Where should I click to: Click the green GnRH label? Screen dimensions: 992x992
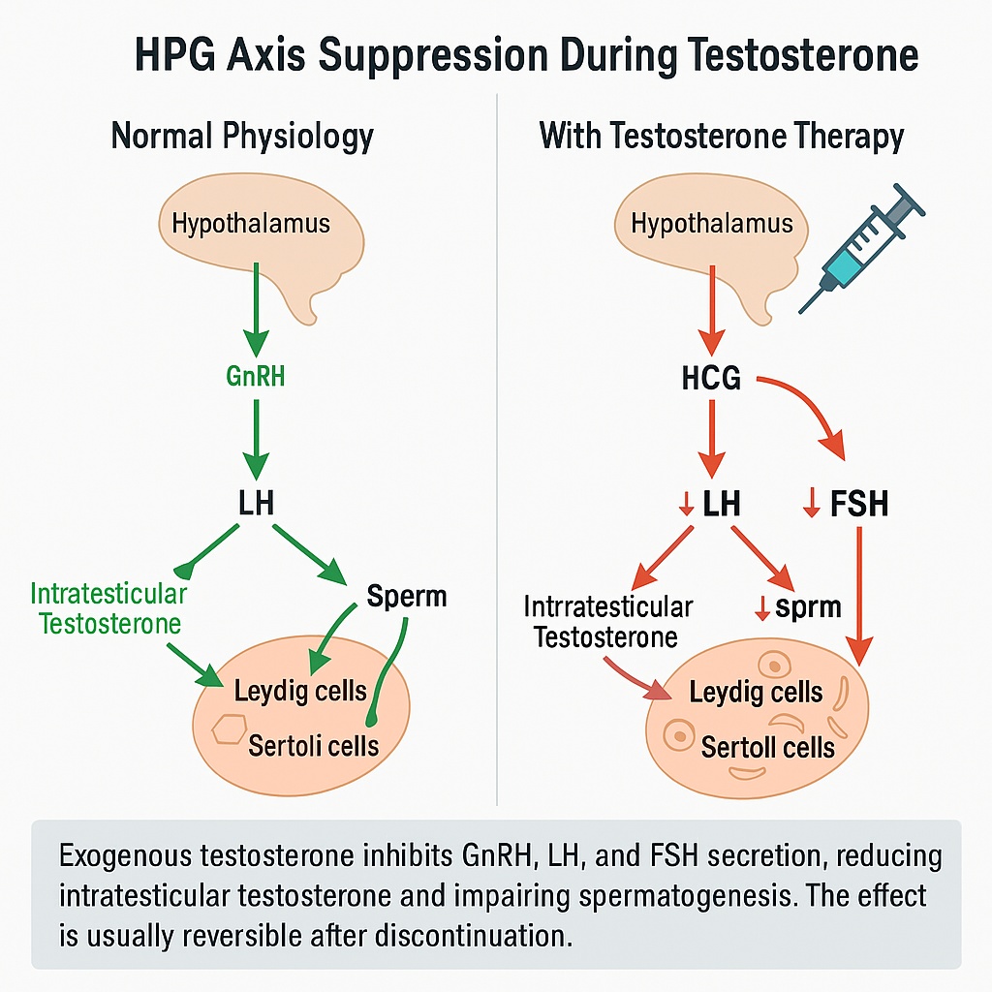pyautogui.click(x=255, y=376)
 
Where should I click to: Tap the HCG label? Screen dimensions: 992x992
pyautogui.click(x=710, y=378)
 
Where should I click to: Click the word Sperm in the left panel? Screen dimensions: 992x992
pyautogui.click(x=407, y=596)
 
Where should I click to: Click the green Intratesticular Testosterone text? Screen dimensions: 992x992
pyautogui.click(x=108, y=607)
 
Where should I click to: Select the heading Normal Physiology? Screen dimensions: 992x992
pyautogui.click(x=241, y=136)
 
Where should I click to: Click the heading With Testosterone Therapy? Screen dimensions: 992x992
pyautogui.click(x=721, y=136)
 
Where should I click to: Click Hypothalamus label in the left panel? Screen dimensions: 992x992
pyautogui.click(x=251, y=224)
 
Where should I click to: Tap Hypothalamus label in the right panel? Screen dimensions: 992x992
pyautogui.click(x=711, y=224)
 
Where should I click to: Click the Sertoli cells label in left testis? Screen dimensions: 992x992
pyautogui.click(x=313, y=745)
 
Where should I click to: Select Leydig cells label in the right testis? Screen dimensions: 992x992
pyautogui.click(x=756, y=693)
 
